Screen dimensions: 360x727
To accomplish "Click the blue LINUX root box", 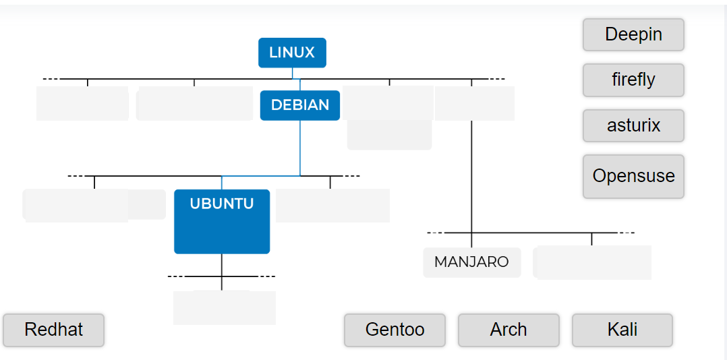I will (292, 53).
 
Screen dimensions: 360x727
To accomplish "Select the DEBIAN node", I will (300, 105).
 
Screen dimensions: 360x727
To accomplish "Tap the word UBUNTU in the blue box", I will (222, 204).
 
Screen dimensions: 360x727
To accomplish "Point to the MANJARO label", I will (471, 262).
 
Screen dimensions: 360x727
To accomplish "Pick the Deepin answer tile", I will (633, 34).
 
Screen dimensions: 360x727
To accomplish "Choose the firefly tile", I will (633, 80).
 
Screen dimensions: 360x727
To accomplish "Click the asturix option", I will (633, 125).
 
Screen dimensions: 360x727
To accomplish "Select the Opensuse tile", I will (633, 176).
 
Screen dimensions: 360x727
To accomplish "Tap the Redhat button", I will (54, 330).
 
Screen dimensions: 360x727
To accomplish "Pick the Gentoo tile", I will (395, 330).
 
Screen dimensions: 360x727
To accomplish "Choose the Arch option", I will (508, 330).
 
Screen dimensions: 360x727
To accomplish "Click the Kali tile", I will (622, 330).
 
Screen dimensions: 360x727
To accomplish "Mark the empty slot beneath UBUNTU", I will (224, 307).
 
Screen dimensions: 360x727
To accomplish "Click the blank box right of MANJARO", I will (592, 262).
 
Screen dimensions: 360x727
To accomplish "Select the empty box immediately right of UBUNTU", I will (332, 206).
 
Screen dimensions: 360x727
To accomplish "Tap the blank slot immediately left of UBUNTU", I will (94, 205).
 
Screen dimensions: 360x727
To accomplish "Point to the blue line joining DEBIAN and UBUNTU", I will (300, 148).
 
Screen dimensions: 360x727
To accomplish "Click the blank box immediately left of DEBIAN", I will (194, 104).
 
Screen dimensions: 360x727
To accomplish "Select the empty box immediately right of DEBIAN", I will (388, 103).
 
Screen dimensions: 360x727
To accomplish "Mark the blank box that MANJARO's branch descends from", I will (474, 103).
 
